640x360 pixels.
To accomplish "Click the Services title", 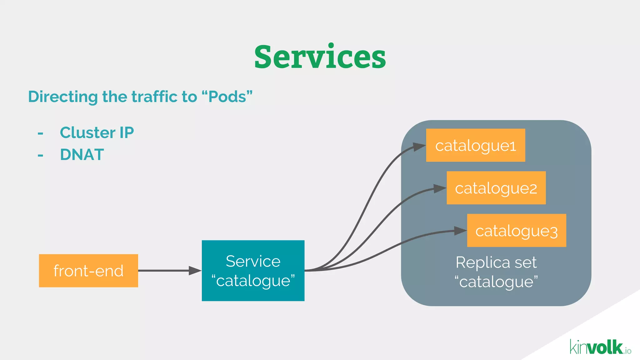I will coord(320,57).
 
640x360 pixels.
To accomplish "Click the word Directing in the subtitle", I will coord(63,97).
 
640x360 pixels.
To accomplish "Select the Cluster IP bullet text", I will coord(97,132).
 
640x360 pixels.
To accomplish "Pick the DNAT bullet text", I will coord(82,155).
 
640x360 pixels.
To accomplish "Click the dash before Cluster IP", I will coord(40,133).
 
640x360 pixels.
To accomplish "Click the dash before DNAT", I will coord(40,155).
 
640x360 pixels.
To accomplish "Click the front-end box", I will coord(88,271).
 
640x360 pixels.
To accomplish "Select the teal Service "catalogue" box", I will coord(253,271).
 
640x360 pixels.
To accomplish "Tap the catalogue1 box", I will coord(475,145).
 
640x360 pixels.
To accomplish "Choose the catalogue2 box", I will coord(496,188).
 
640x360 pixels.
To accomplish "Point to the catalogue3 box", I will coord(516,231).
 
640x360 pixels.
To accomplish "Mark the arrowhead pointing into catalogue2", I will coord(439,188).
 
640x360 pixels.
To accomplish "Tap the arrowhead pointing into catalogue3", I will coord(460,231).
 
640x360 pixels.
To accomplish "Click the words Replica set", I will coord(496,262).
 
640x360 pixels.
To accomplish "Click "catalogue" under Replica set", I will coord(496,282).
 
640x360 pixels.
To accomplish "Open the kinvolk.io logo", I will coord(600,347).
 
